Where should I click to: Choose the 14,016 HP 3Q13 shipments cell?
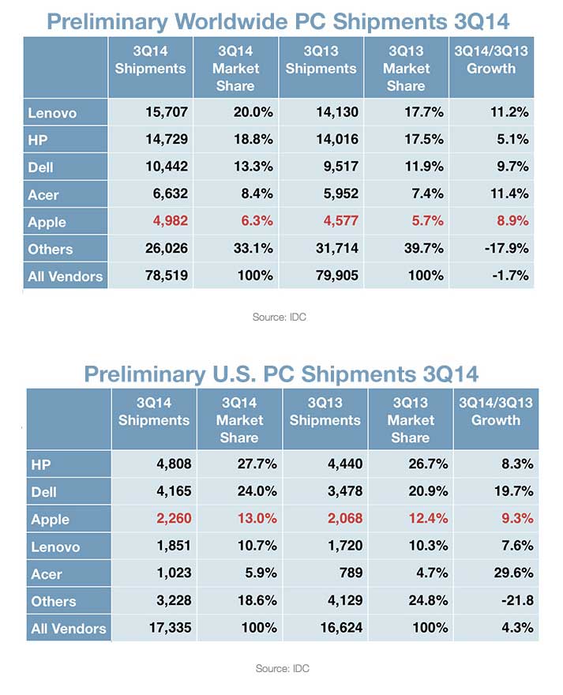point(334,140)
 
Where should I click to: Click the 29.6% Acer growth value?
point(510,574)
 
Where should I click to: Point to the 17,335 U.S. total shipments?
point(167,629)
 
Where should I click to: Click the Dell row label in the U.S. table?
point(45,492)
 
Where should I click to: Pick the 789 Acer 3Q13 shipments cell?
point(347,574)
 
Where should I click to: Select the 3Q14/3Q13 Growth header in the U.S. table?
point(502,411)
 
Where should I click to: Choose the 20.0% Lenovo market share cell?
point(252,112)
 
